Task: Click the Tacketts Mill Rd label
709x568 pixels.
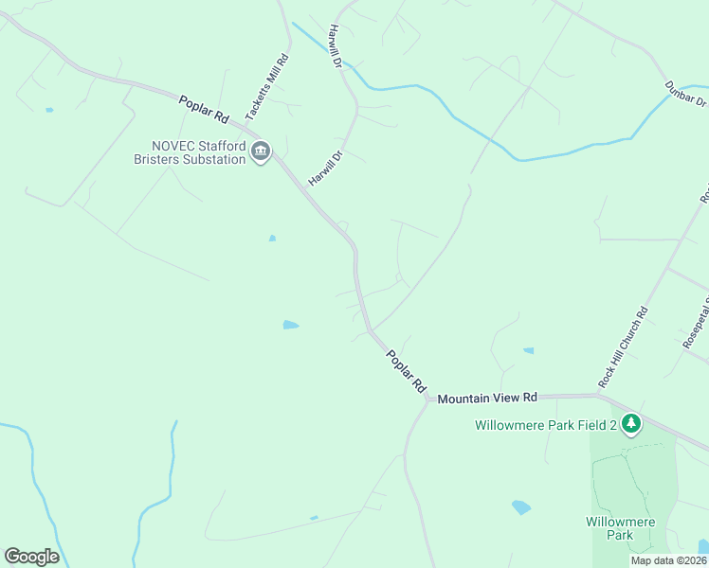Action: coord(267,87)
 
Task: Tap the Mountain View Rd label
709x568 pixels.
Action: coord(487,398)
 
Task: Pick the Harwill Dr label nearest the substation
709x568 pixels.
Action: coord(324,168)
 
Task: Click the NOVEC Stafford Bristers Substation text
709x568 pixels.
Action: coord(198,151)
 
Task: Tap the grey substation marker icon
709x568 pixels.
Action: coord(262,151)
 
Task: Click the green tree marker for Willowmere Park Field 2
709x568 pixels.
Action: coord(630,423)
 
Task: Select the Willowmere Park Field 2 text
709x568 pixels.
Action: coord(545,425)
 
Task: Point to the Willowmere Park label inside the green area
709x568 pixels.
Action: coord(608,528)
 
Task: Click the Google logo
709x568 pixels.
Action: coord(31,557)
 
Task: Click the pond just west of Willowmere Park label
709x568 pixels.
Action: coord(521,507)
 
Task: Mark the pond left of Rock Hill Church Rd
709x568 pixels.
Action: coord(528,350)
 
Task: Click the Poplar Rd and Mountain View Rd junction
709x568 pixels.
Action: coord(428,399)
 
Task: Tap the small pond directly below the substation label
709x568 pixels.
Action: coord(272,238)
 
